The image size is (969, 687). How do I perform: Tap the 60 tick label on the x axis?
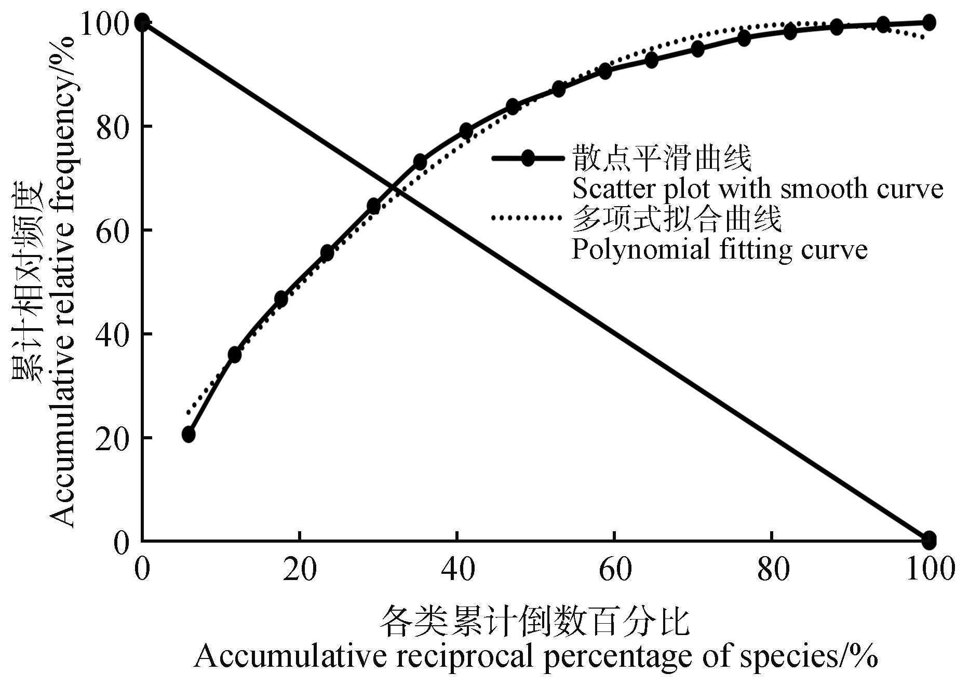coord(615,569)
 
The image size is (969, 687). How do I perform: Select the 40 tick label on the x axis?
coord(457,569)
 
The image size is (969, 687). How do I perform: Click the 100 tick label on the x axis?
coord(930,569)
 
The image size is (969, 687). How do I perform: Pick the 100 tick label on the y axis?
coord(104,23)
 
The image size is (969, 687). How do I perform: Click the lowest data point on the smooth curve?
coord(189,434)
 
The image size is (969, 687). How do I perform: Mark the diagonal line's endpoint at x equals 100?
coord(929,540)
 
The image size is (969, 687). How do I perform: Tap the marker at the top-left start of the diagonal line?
coord(142,22)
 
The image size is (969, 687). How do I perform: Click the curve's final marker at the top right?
coord(929,22)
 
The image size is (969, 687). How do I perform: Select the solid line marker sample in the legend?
coord(528,158)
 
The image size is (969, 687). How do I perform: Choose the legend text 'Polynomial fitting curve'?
coord(719,250)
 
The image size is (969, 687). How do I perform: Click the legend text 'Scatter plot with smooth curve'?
coord(757,189)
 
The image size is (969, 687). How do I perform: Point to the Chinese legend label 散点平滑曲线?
coord(662,158)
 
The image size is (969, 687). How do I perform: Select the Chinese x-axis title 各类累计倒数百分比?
coord(535,622)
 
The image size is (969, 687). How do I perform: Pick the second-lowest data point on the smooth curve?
coord(235,355)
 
